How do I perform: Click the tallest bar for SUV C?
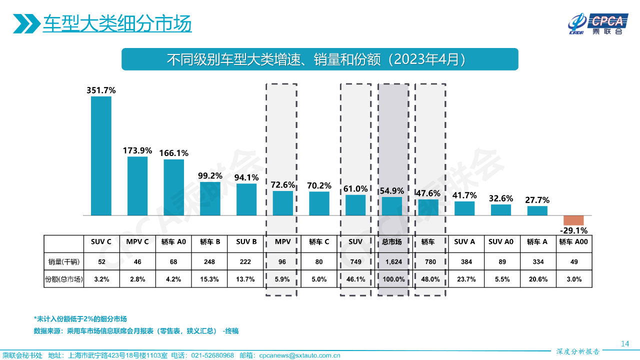[101, 155]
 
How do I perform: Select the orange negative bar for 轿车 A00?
[573, 220]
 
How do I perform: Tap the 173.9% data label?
[137, 150]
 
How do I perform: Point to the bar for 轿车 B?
[210, 198]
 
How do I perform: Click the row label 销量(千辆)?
[63, 261]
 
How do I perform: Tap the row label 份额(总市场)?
[63, 279]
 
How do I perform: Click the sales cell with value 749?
[355, 261]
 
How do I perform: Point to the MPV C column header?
[137, 242]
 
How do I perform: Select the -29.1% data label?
[573, 230]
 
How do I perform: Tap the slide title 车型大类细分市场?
[117, 23]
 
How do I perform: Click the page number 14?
[624, 343]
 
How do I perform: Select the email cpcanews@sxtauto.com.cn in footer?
[299, 355]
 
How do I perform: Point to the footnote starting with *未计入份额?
[80, 319]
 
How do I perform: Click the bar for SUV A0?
[500, 210]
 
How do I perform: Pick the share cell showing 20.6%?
[537, 279]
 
